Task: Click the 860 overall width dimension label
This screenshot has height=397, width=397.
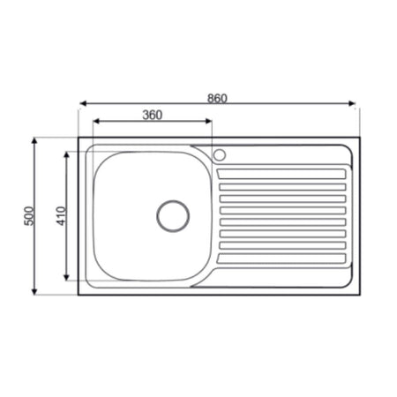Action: (x=218, y=98)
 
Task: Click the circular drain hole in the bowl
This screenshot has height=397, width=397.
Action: (x=173, y=214)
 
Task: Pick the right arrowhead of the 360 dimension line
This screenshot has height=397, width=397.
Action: (x=211, y=124)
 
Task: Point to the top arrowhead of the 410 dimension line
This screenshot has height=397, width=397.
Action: (x=68, y=153)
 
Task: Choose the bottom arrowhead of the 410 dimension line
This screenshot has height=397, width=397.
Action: (x=68, y=280)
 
